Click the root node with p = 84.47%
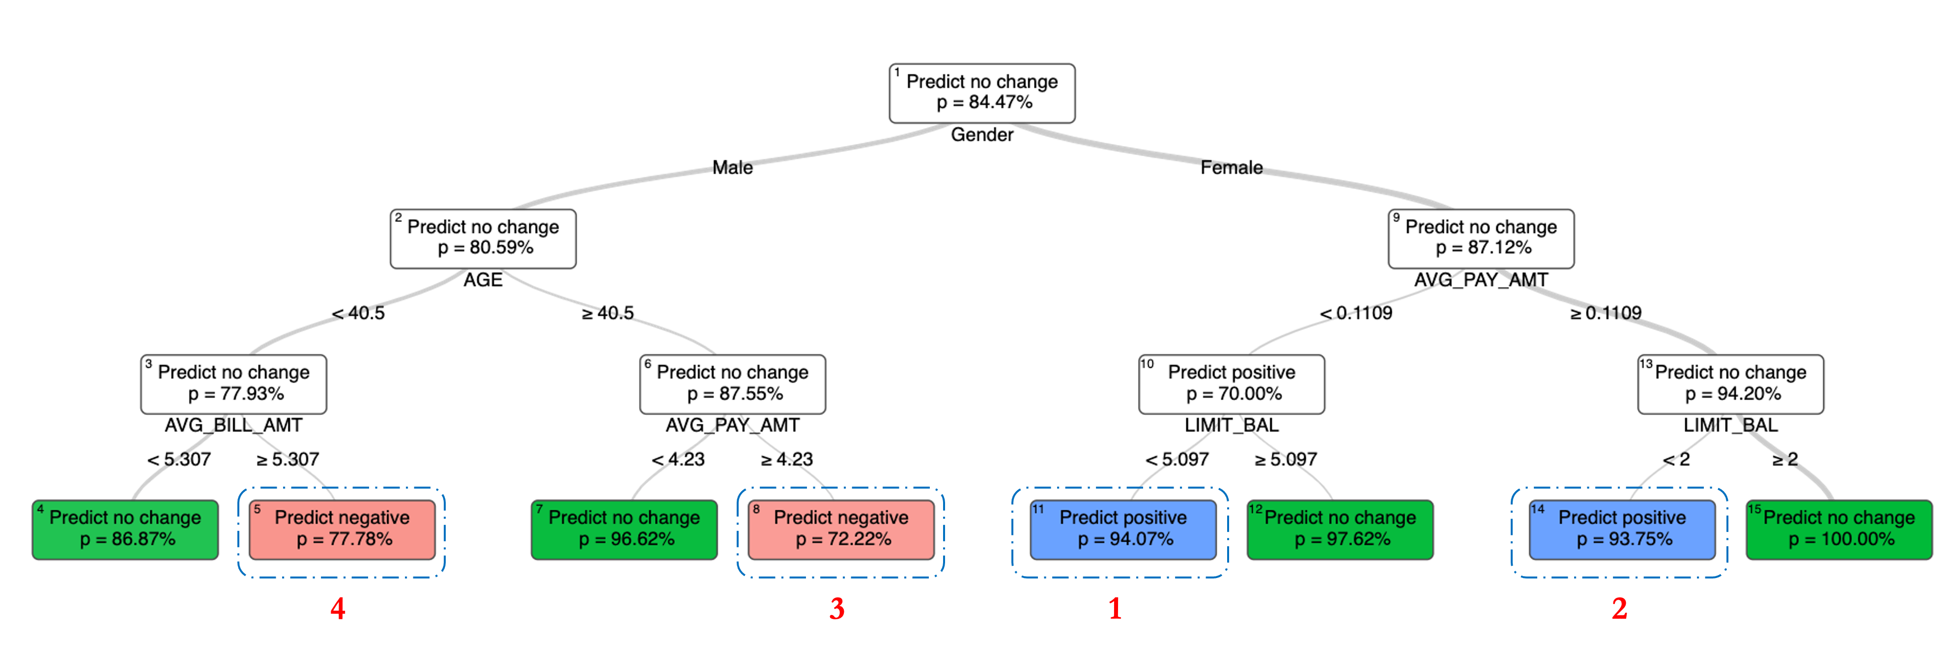coord(982,92)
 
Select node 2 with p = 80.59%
coord(483,238)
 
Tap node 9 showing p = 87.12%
coord(1481,238)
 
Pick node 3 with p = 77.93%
coord(233,384)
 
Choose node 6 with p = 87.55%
coord(732,384)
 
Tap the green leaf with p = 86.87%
coord(125,529)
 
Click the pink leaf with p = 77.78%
coord(342,529)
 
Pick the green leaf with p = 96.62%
coord(624,529)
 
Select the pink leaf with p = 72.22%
coord(841,529)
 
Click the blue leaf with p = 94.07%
coord(1123,529)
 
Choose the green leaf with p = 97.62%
coord(1340,529)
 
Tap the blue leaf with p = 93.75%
coord(1622,529)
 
